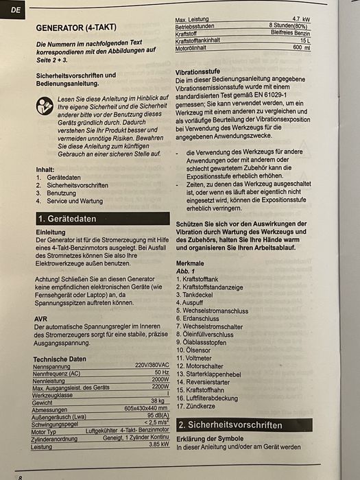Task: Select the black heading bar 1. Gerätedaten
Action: coord(101,219)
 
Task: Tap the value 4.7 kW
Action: coord(301,19)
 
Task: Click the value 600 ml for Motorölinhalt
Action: coord(302,47)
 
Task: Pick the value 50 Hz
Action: coord(161,372)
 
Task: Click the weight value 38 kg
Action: coord(158,401)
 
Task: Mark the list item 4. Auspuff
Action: coord(193,301)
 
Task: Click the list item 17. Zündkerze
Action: coord(197,406)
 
